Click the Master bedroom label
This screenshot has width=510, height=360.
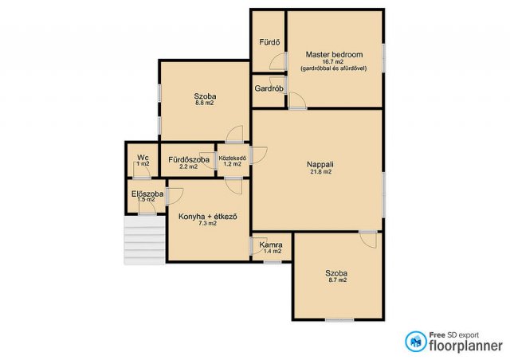[334, 54]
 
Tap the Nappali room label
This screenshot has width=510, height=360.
[320, 164]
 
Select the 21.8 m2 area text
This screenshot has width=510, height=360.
[320, 172]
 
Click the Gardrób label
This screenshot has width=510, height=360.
[269, 88]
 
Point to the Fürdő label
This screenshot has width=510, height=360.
[269, 42]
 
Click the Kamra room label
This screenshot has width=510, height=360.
[271, 245]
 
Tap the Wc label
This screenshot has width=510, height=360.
[143, 158]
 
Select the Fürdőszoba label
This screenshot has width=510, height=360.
[189, 159]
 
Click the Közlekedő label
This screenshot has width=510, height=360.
[233, 158]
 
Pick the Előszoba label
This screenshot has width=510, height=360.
[147, 194]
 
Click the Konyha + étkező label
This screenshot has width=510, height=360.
[207, 217]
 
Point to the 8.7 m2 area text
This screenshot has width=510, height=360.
[336, 280]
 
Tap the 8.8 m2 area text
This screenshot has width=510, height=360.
[204, 103]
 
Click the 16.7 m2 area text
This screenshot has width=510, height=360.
[333, 61]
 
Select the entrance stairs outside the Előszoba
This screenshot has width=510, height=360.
[144, 241]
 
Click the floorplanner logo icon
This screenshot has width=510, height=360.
[415, 342]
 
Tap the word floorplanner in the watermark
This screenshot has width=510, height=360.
[465, 346]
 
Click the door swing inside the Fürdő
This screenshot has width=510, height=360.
[277, 62]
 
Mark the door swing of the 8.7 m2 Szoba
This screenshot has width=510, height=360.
[368, 240]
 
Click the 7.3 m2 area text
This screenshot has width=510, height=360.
[207, 224]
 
